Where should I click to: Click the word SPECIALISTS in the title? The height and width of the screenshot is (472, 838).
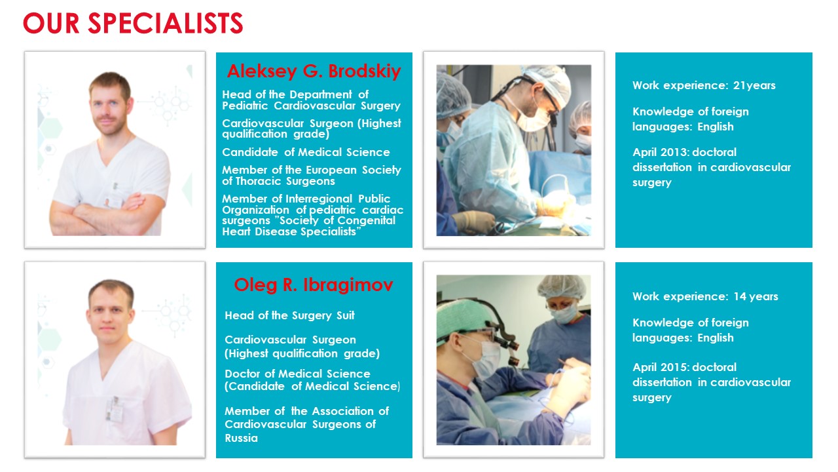pos(166,23)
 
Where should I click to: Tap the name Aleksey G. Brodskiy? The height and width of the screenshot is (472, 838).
pos(314,71)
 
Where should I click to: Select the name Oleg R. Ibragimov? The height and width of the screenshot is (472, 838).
pos(314,285)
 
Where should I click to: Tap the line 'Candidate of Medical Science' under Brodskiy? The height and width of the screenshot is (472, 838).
pos(306,152)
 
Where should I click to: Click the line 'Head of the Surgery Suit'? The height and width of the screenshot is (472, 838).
pos(289,315)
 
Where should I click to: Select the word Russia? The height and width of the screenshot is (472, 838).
pos(242,438)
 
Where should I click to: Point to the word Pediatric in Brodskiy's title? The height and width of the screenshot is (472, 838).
pos(245,106)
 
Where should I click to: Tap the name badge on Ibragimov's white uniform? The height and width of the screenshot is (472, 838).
pos(115,410)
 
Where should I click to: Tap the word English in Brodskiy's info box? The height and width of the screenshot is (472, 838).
pos(716,127)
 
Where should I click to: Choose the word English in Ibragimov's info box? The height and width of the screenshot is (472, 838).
pos(716,338)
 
